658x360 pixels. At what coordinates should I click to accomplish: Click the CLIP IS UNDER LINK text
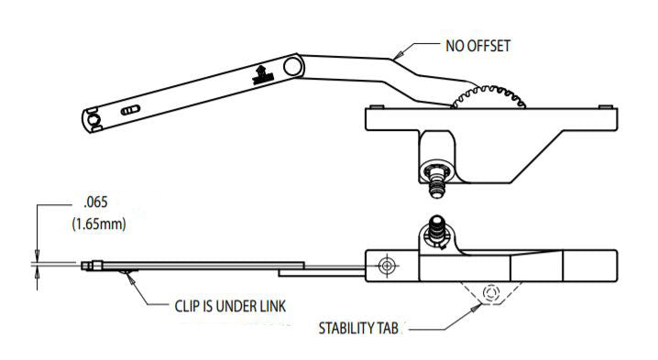pos(230,304)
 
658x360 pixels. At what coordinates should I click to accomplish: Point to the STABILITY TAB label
pos(357,327)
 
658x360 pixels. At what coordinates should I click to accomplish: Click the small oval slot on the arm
pos(131,108)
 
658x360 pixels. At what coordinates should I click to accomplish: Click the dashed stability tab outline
pos(488,292)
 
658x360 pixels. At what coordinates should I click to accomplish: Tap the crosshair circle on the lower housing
pos(387,265)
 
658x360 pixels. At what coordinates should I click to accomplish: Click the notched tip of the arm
pos(91,120)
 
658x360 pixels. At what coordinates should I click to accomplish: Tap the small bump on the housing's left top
pos(375,107)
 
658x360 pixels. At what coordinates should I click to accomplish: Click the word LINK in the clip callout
pos(269,304)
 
